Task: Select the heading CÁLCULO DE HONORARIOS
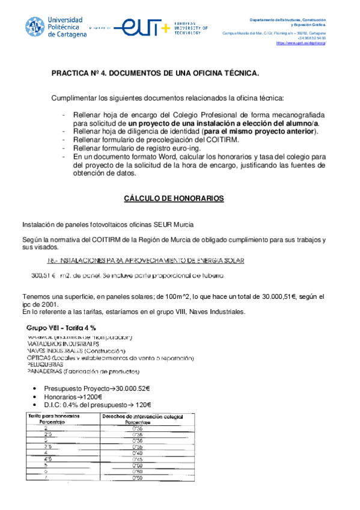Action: tap(174, 198)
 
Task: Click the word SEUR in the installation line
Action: tap(164, 224)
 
